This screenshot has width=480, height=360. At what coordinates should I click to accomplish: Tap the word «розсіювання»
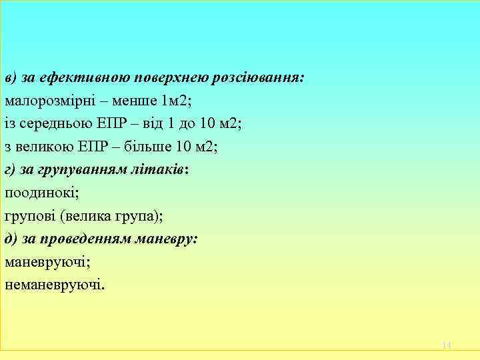pyautogui.click(x=258, y=78)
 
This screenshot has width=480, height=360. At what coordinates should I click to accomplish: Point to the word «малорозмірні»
pyautogui.click(x=47, y=101)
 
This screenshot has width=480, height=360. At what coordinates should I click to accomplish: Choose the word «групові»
pyautogui.click(x=29, y=217)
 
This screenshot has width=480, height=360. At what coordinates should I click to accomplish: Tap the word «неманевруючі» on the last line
pyautogui.click(x=54, y=285)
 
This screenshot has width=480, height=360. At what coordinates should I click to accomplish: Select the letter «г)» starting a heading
pyautogui.click(x=10, y=170)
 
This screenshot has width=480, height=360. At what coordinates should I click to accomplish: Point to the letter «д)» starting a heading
pyautogui.click(x=10, y=239)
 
